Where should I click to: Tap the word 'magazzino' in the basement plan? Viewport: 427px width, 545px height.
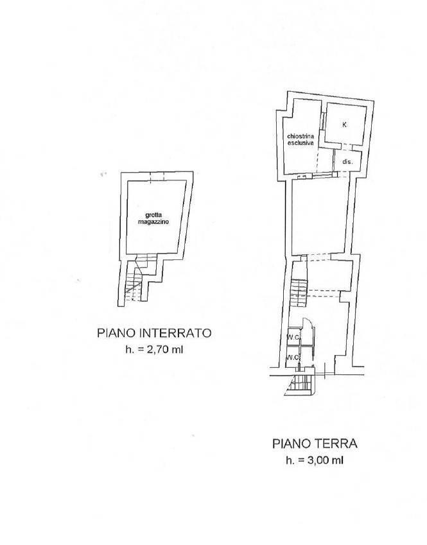[x=153, y=221]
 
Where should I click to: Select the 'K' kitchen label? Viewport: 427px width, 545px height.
[x=344, y=125]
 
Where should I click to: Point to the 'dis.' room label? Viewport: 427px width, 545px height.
[x=347, y=162]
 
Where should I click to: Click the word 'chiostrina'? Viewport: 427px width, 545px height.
[x=301, y=136]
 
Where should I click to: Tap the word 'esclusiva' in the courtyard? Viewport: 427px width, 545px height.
[x=301, y=143]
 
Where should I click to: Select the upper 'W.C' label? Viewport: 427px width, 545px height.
[x=293, y=336]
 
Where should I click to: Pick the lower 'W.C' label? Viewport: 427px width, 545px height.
[x=293, y=358]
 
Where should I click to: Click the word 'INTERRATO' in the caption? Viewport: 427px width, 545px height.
[x=175, y=333]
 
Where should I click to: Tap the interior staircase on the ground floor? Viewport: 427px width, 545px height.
[x=299, y=293]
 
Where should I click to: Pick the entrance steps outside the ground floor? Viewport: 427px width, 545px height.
[x=300, y=385]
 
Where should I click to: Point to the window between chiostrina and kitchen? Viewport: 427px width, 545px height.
[x=323, y=125]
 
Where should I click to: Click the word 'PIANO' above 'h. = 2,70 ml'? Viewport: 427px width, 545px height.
[x=116, y=333]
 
